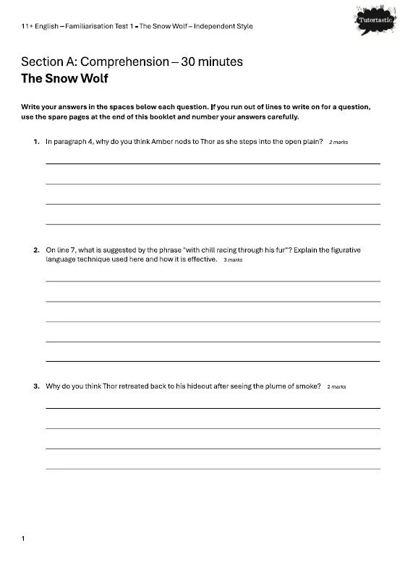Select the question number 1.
pyautogui.click(x=36, y=142)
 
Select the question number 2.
pyautogui.click(x=36, y=250)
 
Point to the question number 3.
pyautogui.click(x=36, y=386)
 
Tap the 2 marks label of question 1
pyautogui.click(x=338, y=143)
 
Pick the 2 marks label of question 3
pyautogui.click(x=336, y=387)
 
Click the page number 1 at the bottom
pyautogui.click(x=24, y=538)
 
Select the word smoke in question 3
pyautogui.click(x=308, y=386)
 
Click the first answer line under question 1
pyautogui.click(x=213, y=164)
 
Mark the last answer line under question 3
pyautogui.click(x=213, y=469)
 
